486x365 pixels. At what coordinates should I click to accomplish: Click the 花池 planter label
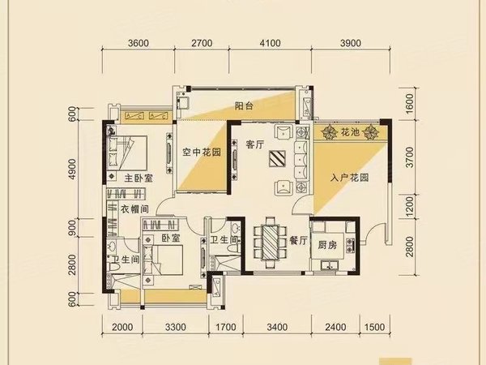(350, 131)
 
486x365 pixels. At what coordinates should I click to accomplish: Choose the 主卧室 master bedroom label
(127, 178)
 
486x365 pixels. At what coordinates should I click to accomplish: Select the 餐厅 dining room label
(296, 241)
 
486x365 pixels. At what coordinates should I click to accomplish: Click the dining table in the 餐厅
(266, 242)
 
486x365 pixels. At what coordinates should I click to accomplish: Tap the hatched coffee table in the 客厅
(279, 158)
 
